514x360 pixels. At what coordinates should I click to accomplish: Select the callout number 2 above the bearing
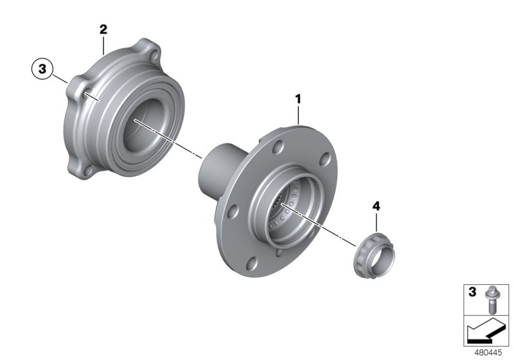click(x=103, y=29)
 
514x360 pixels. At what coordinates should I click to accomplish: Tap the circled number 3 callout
click(x=42, y=69)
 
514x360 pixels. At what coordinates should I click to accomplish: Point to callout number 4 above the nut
click(x=376, y=206)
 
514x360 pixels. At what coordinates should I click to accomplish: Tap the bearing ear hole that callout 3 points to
click(x=84, y=94)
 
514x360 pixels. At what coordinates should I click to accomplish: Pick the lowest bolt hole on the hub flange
click(x=253, y=262)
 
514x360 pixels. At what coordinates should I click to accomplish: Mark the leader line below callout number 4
click(x=376, y=220)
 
